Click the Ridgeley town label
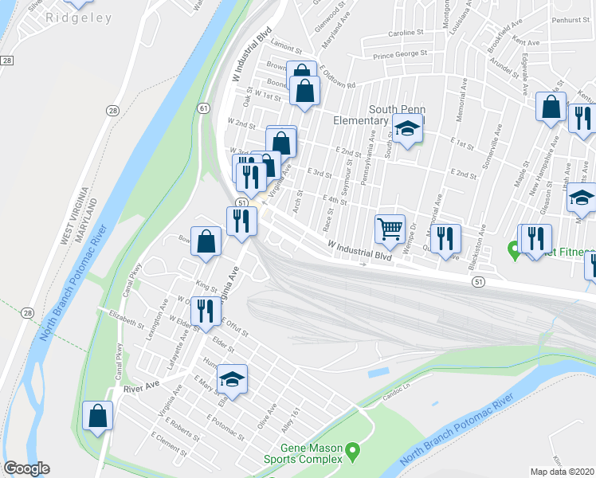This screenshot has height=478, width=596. [x=79, y=18]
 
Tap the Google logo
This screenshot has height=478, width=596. [x=26, y=468]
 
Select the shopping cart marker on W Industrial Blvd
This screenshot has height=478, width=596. [x=390, y=229]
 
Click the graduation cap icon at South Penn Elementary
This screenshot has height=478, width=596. [x=407, y=128]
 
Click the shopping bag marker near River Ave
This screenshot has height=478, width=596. [x=98, y=415]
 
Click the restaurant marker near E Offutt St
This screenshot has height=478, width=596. [x=206, y=311]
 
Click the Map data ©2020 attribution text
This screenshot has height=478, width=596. [x=563, y=472]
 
